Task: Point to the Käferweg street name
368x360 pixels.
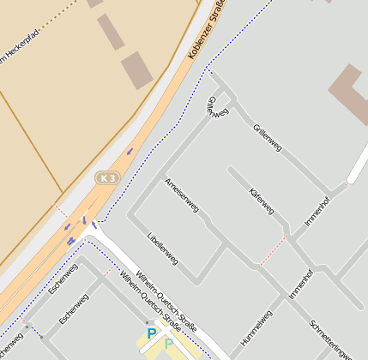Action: [x=261, y=199]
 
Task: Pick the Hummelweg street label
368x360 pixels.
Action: [x=256, y=327]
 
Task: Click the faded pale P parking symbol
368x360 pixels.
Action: [x=169, y=345]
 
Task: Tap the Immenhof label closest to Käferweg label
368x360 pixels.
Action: [x=317, y=211]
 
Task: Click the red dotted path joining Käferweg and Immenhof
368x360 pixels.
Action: [x=272, y=251]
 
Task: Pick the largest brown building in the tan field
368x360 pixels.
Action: [x=136, y=70]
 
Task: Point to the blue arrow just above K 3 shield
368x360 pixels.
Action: [x=130, y=152]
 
